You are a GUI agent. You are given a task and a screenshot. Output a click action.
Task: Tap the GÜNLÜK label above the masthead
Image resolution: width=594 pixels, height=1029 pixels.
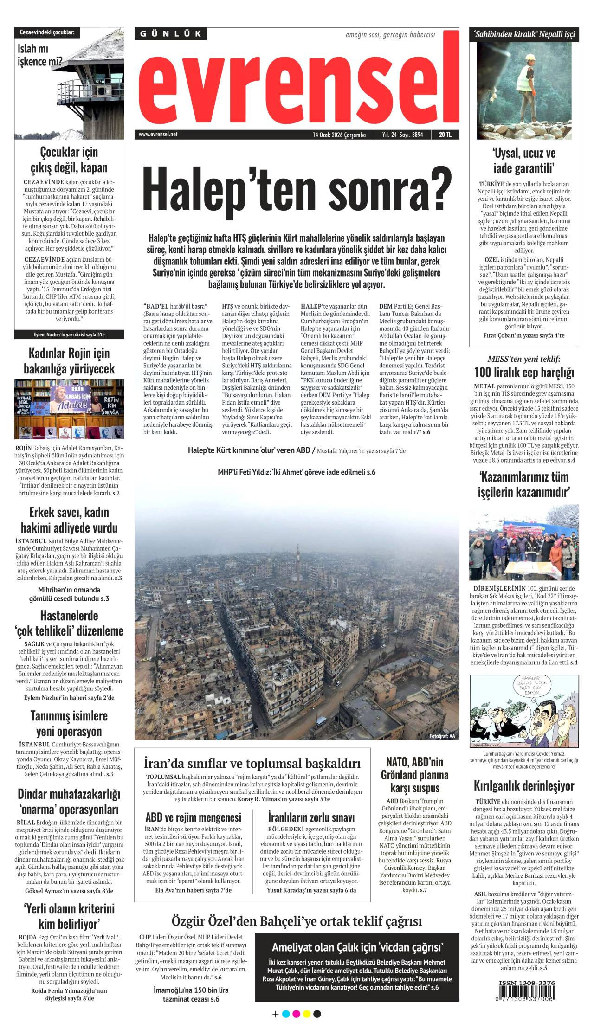pos(171,34)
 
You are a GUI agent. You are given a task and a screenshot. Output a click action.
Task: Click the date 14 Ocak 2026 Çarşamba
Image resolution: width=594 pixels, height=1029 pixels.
pos(339,135)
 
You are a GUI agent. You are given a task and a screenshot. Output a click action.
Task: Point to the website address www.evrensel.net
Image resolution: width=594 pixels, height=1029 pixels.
pos(158,135)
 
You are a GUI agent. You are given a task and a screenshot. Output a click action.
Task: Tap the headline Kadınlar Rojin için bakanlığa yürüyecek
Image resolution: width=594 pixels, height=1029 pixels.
pos(69,361)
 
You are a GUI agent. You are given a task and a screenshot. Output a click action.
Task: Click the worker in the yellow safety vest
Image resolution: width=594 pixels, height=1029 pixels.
pos(526,74)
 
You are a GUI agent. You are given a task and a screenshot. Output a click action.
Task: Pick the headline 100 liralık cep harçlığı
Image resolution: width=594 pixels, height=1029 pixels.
pos(524,373)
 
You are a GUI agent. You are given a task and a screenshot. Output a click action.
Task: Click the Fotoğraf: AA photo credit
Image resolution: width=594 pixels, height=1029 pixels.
pos(442,736)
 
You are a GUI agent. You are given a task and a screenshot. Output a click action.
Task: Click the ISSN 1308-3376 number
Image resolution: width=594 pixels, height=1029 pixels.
pos(527,983)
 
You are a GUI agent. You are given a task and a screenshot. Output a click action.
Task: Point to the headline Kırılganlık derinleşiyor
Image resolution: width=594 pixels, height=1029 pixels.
pos(524,785)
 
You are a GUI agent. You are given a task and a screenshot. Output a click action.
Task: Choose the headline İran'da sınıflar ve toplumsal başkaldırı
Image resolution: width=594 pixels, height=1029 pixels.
pos(252,763)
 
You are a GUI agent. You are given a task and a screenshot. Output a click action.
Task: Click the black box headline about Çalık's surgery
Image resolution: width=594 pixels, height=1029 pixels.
pos(357,947)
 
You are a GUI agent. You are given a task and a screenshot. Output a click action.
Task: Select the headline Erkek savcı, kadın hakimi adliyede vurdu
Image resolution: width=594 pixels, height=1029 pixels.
pos(69,520)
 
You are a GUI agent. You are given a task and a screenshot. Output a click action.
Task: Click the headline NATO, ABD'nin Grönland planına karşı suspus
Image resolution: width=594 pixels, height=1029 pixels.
pos(414,775)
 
